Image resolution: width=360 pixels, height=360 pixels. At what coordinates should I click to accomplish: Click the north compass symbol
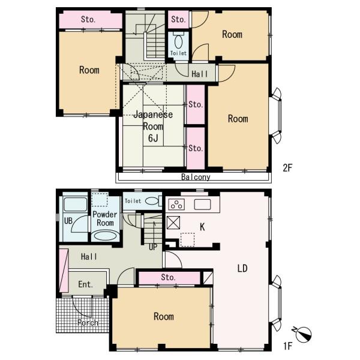coord(303,334)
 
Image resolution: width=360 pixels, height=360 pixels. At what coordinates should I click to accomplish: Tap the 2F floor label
coord(287,168)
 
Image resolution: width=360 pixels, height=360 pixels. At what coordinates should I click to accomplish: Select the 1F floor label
coord(287,346)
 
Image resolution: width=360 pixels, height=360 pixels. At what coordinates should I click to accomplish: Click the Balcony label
coord(196,177)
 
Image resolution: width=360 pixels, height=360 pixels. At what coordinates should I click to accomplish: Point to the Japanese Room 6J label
coord(153,126)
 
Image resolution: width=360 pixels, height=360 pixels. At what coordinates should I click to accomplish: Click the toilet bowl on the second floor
coord(178,41)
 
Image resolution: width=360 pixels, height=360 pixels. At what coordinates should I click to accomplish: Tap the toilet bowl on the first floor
coord(152,201)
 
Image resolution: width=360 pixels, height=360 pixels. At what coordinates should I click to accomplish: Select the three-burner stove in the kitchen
coord(176,204)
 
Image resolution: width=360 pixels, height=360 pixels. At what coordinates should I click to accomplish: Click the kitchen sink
coord(202,205)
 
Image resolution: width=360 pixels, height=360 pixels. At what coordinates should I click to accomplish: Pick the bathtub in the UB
coord(75,204)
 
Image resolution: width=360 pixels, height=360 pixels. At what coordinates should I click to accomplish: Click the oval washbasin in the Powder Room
coord(106,236)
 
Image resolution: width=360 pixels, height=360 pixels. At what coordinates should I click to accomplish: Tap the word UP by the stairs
coord(153,247)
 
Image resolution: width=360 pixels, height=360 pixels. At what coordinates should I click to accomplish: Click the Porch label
coord(88,323)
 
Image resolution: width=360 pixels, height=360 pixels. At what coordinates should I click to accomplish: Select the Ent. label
coord(86,284)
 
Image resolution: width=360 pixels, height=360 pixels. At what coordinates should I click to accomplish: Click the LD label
coord(242,268)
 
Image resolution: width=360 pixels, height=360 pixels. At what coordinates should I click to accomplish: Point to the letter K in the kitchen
coord(202,227)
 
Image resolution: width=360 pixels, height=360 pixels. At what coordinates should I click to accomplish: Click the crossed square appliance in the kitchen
coord(173,223)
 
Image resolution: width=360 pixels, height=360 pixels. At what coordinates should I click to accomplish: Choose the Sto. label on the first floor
coord(168,277)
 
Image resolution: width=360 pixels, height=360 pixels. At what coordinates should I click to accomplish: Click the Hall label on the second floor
coord(200,74)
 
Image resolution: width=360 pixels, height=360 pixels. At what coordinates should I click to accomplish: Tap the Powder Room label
coord(105,218)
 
